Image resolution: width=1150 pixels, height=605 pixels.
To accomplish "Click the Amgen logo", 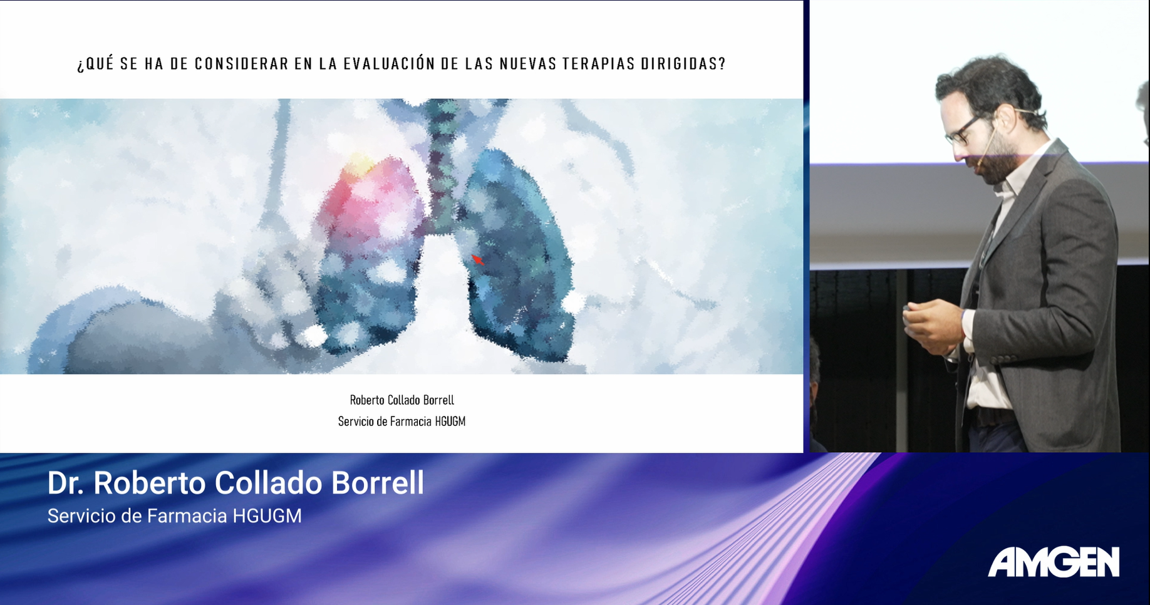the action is click(1054, 562).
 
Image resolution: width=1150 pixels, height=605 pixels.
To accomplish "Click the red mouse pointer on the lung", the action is click(477, 259).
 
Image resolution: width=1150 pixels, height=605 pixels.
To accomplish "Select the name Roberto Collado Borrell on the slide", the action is click(401, 400).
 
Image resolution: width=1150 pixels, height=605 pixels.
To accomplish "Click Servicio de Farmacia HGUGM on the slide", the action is click(401, 421).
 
